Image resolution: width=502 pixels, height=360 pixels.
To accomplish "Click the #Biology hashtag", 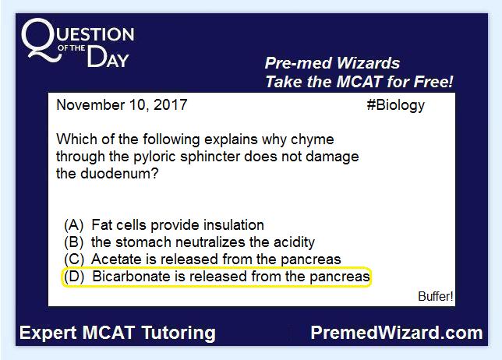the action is [x=396, y=106].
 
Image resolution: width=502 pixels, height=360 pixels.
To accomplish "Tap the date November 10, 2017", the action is [x=122, y=105].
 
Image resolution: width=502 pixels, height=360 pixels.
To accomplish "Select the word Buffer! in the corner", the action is [x=436, y=296].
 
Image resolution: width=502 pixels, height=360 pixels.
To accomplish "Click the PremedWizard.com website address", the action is [x=397, y=333].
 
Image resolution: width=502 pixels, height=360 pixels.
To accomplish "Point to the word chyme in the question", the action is [x=313, y=139].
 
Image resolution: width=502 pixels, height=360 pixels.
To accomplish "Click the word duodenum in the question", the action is [x=119, y=174].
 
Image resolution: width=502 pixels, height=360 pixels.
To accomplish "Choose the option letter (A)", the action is [x=74, y=225].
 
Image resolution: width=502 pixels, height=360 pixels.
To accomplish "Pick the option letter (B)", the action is [x=74, y=242].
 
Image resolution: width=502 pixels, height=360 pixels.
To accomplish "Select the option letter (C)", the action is [x=74, y=259].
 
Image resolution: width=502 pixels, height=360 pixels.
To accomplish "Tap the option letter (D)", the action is [x=74, y=277].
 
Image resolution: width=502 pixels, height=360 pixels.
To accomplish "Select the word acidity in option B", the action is [x=294, y=242].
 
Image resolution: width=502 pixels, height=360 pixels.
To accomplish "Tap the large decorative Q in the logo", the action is [x=41, y=40].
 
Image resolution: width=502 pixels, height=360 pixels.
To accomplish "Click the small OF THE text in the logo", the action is [x=72, y=48].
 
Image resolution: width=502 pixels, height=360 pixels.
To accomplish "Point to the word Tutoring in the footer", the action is [x=179, y=334].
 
